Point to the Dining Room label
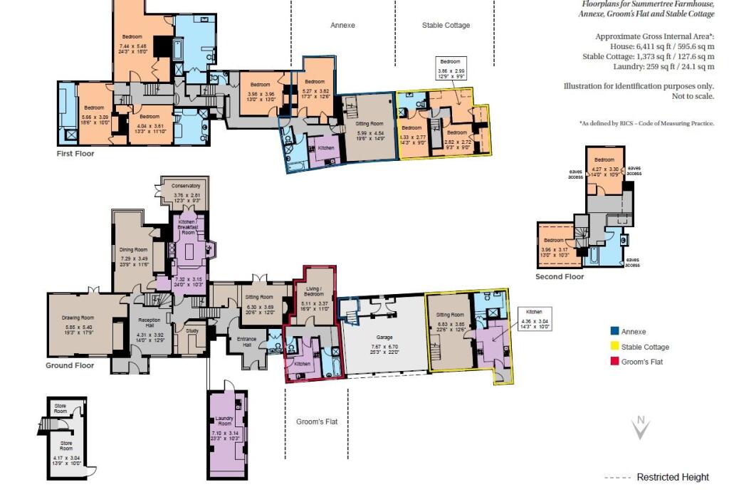(133, 250)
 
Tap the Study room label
(191, 330)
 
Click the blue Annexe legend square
(614, 330)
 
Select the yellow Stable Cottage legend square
(614, 347)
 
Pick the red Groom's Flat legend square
(614, 362)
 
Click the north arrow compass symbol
(641, 427)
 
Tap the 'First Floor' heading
(75, 153)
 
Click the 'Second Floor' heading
(560, 276)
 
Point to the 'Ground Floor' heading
(70, 365)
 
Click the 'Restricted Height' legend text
(672, 477)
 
